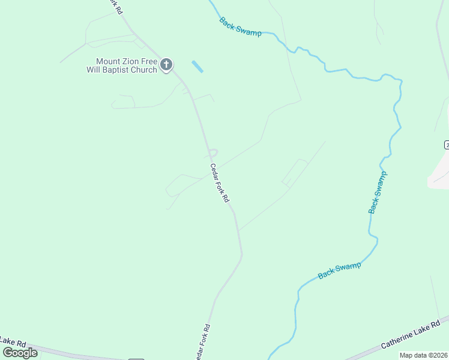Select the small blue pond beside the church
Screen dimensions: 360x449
(197, 66)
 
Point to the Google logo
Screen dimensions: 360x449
(20, 352)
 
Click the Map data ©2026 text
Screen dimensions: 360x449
(424, 355)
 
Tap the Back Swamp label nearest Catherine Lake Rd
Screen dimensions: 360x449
(340, 270)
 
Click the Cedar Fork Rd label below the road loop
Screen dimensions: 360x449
(219, 183)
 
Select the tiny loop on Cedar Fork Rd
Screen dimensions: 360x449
(212, 153)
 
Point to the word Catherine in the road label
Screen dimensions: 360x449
(399, 340)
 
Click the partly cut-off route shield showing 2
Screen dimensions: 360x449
(447, 145)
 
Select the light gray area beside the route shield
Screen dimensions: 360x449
(438, 174)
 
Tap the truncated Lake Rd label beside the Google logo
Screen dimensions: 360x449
(12, 341)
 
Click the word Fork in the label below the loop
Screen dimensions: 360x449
(220, 185)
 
